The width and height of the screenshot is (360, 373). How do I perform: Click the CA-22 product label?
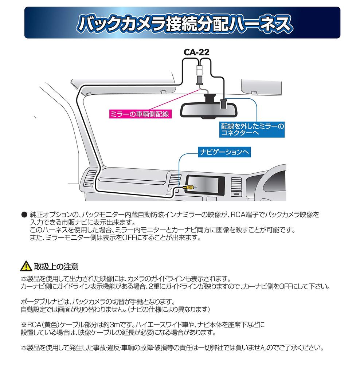(196, 52)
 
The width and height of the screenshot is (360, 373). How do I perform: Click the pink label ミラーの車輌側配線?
(140, 114)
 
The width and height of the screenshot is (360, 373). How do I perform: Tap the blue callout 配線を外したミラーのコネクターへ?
(252, 129)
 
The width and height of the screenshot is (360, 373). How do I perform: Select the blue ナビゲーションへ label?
(224, 152)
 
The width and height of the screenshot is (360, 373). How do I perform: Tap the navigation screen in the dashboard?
(204, 185)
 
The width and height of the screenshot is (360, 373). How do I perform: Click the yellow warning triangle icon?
(26, 266)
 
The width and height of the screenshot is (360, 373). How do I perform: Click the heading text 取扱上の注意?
(56, 267)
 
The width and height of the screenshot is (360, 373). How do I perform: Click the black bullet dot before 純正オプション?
(24, 215)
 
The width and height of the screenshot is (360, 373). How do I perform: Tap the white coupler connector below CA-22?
(199, 71)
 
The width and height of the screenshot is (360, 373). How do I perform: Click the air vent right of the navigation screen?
(236, 187)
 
